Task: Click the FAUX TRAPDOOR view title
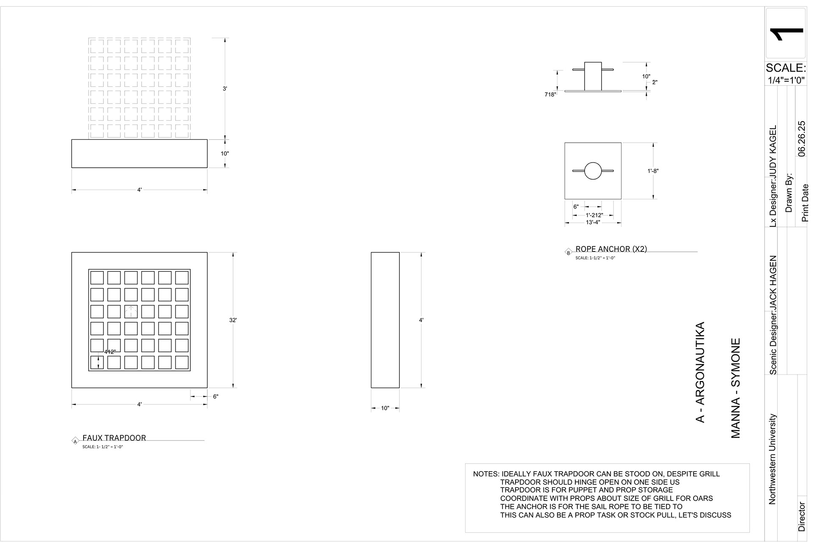coord(114,438)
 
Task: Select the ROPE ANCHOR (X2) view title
coord(611,249)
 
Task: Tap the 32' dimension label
coord(233,320)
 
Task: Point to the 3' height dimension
coord(225,88)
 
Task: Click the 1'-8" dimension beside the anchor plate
coord(653,171)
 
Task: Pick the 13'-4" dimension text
coord(593,222)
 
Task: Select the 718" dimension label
coord(550,95)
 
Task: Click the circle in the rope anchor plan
coord(593,171)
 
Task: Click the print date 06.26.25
coord(801,138)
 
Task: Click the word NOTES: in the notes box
coord(486,474)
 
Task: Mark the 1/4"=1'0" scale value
coord(786,80)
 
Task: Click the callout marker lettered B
coord(569,253)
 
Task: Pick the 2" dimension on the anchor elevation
coord(655,82)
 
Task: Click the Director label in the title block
coord(801,517)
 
